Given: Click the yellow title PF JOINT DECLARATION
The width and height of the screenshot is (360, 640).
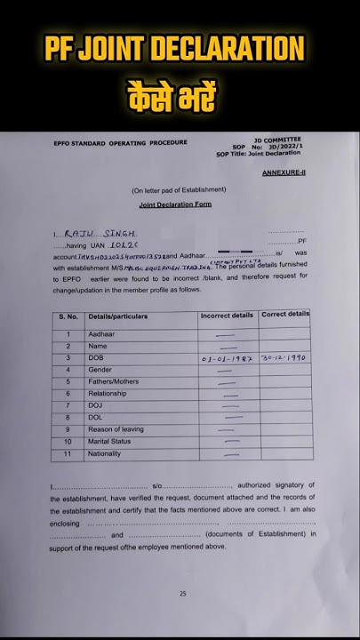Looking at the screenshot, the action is [180, 48].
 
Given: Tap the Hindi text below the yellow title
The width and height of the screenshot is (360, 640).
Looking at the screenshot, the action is [180, 92].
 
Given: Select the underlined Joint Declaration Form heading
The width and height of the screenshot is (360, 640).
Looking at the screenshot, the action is [175, 204].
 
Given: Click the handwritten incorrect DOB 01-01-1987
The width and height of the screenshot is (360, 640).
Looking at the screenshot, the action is [228, 358].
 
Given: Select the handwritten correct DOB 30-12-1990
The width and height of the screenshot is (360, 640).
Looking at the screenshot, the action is [284, 357].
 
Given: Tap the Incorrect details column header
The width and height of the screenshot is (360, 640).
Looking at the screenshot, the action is [228, 316].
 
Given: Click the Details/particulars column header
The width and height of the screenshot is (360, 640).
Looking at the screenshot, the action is [118, 316].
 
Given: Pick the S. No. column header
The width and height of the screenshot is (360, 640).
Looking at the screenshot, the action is [68, 316].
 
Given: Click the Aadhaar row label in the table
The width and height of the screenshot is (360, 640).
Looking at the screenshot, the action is [101, 334].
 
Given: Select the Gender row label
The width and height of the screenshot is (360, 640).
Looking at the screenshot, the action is [100, 370].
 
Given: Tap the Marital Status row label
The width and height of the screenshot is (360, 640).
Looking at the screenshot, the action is [109, 442].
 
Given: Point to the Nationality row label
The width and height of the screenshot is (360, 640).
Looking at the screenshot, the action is [106, 454].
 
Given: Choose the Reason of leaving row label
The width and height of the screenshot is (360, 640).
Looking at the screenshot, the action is [116, 429].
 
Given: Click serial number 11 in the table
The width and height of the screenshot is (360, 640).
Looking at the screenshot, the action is [68, 454].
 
